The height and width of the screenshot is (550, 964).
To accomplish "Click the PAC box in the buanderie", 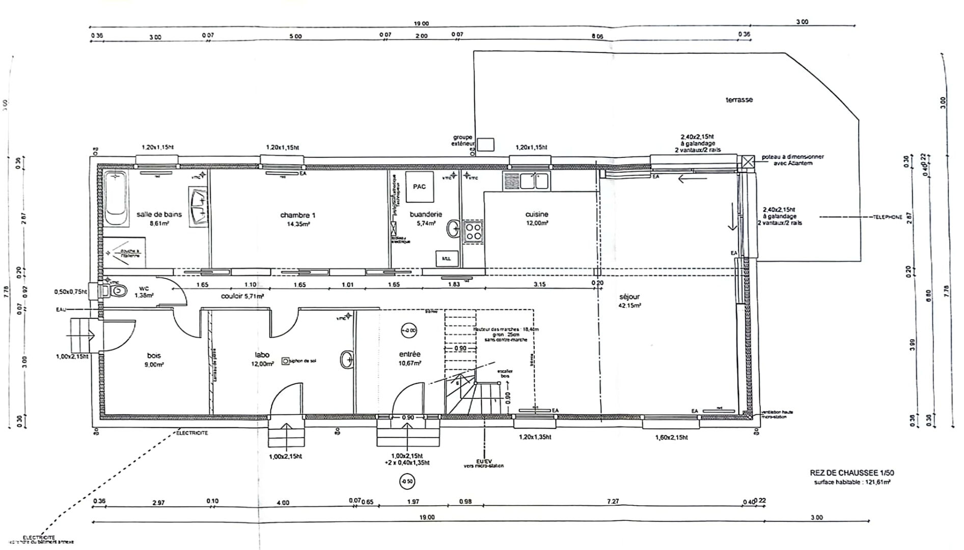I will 419,186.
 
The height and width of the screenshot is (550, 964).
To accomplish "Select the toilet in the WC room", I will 117,291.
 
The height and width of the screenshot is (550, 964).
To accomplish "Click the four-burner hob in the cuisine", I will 473,232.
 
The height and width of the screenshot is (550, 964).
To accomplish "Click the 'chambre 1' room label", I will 297,215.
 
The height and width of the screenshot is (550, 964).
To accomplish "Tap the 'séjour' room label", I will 629,297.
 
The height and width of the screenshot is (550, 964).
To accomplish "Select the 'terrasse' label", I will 739,100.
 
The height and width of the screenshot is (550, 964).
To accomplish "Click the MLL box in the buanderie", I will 446,259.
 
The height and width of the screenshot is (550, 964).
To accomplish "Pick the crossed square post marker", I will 747,162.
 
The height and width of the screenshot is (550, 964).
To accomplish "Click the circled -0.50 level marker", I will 407,481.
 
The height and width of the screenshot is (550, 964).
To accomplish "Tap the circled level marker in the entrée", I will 409,331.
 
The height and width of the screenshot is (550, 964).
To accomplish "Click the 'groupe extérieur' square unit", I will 486,145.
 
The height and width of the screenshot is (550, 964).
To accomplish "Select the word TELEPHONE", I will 887,217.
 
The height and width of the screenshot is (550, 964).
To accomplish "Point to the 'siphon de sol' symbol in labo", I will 286,361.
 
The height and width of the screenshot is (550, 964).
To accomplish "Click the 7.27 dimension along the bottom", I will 613,502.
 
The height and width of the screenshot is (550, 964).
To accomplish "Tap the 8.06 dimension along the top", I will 597,36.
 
